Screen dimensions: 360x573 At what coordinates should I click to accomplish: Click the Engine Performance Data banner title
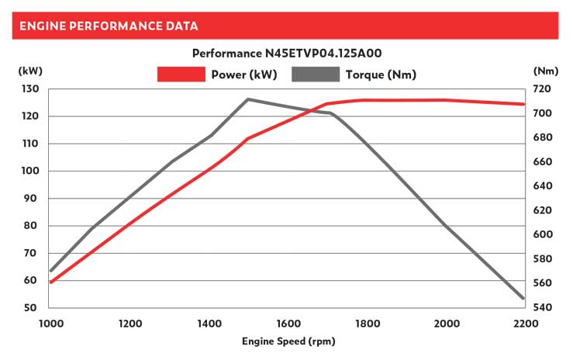pos(109,26)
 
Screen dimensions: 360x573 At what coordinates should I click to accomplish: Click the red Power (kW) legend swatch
pos(181,74)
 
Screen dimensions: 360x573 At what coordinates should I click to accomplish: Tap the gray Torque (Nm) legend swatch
pos(316,74)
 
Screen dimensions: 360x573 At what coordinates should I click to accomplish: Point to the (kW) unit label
pos(30,71)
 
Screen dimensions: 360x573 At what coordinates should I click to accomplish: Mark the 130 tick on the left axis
pos(29,89)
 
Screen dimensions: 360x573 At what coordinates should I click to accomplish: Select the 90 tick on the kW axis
pos(31,199)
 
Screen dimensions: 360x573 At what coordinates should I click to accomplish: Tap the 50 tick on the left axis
pos(31,308)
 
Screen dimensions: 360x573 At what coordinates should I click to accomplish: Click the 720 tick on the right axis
pos(542,89)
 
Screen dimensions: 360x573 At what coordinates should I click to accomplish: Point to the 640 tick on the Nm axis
pos(542,186)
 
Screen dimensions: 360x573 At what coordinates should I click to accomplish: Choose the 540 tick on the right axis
pos(542,308)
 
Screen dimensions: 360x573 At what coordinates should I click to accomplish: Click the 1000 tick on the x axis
pos(50,323)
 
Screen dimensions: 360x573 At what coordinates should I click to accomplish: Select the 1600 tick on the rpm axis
pos(287,323)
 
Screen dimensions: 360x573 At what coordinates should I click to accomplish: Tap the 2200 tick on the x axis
pos(524,323)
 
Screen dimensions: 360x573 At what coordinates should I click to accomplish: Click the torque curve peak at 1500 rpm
pos(247,99)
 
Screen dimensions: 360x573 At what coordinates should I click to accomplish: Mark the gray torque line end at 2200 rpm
pos(523,298)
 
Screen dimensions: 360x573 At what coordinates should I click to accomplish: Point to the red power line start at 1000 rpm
pos(51,282)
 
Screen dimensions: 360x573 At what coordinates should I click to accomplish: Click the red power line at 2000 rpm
pos(445,100)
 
